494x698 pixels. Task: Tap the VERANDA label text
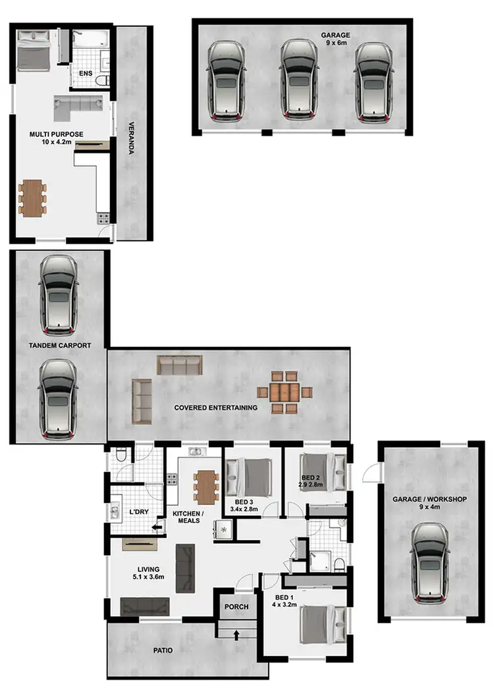pos(131,138)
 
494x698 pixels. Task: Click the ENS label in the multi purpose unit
pos(86,73)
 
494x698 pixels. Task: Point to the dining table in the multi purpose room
pos(33,197)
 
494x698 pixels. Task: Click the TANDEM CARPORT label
pos(59,345)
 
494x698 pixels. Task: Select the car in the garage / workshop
pos(429,563)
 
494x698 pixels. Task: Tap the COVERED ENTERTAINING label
pos(215,408)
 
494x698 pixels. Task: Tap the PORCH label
pos(236,606)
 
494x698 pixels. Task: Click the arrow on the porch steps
pos(236,634)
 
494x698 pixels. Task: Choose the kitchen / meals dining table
pos(207,487)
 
